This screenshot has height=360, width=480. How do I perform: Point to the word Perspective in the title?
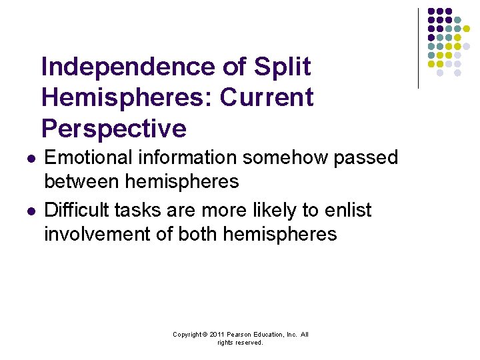pyautogui.click(x=113, y=129)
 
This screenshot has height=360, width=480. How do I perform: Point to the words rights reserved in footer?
pyautogui.click(x=240, y=343)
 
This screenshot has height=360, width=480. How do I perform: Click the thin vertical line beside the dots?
pyautogui.click(x=418, y=48)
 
